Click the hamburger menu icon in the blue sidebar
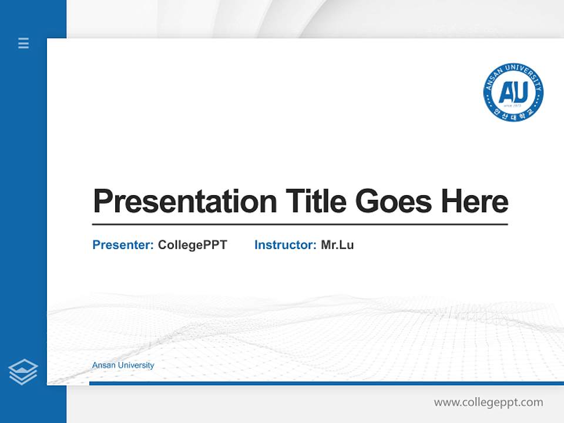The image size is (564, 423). click(x=23, y=43)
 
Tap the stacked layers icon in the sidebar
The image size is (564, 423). click(x=23, y=372)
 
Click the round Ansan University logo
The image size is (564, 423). click(x=513, y=92)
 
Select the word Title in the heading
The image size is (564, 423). click(x=315, y=201)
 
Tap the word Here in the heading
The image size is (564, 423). click(x=474, y=201)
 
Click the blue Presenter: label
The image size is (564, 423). click(x=123, y=245)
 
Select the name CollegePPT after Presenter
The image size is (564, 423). click(x=192, y=245)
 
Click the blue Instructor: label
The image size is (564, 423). click(x=285, y=245)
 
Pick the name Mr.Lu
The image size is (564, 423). click(x=337, y=245)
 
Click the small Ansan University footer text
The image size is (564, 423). click(x=123, y=365)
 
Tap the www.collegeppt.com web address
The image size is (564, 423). click(x=488, y=402)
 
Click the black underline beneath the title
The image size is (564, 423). click(x=300, y=224)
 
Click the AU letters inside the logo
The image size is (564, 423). click(x=513, y=91)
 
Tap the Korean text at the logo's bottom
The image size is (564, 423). click(x=513, y=113)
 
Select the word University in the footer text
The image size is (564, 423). click(x=136, y=365)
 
